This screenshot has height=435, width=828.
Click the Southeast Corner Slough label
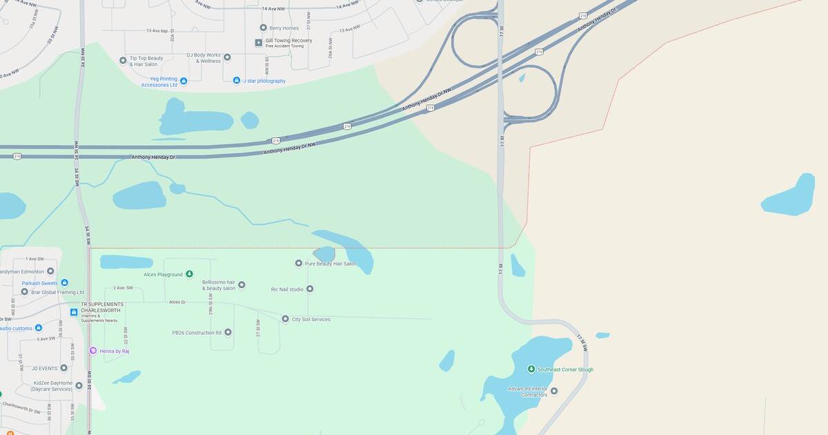pos(565,369)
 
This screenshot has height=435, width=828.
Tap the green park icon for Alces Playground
pos(190,274)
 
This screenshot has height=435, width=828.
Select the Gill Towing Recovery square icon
pos(259,43)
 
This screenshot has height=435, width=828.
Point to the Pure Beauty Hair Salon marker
pos(299,263)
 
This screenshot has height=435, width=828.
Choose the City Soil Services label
pos(310,319)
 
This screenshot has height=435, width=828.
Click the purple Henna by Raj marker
pos(93,351)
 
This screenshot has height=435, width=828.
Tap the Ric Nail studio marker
pos(310,289)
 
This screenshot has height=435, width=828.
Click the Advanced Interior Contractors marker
pos(553,391)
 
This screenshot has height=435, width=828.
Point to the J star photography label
pos(264,81)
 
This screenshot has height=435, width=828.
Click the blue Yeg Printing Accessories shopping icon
pos(184,81)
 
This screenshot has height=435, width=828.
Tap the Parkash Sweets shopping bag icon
pos(64,282)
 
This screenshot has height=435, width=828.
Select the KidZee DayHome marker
pos(79,385)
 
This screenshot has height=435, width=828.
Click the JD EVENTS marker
pos(64,368)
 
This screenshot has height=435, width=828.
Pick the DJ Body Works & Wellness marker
pos(227,57)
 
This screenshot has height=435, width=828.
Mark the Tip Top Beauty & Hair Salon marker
pos(123,60)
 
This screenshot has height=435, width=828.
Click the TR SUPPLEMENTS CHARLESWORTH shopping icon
pos(74,312)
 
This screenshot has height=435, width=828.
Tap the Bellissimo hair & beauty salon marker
pos(241,284)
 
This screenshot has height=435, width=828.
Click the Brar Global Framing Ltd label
pos(57,292)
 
